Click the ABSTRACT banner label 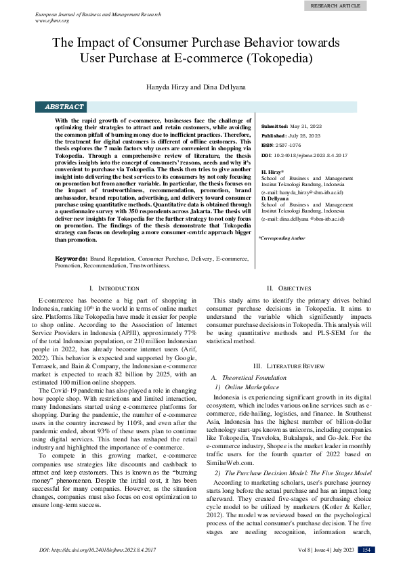click(x=64, y=107)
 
